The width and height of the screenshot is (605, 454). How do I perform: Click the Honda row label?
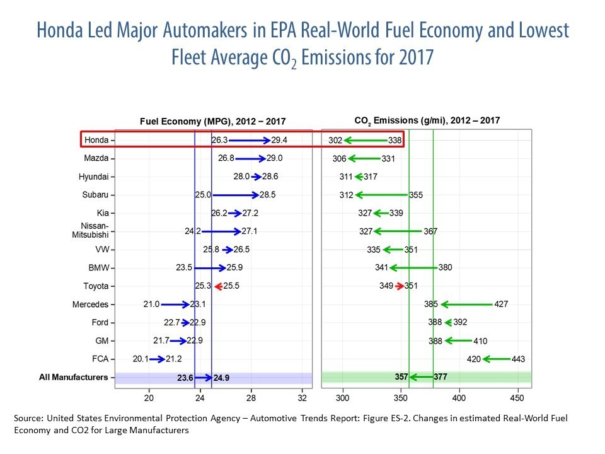tap(96, 140)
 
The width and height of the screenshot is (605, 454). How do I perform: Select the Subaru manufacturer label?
tap(95, 195)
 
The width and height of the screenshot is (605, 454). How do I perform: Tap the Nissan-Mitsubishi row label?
tap(95, 231)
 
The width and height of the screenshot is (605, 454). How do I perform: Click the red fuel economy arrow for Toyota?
tap(218, 286)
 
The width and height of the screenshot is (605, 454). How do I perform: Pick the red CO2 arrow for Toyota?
tap(400, 286)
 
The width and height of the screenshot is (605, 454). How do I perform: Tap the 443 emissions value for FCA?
tap(519, 359)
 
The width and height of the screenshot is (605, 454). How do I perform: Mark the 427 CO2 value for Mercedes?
tap(500, 305)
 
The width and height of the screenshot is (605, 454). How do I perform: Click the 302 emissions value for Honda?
tap(335, 140)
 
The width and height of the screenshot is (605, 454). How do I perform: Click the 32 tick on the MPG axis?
tap(302, 399)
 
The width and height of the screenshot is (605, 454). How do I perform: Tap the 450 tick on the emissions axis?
tap(516, 399)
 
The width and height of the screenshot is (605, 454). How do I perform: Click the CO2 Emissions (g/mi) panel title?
tap(427, 120)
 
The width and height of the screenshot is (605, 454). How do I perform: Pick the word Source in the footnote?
tap(28, 418)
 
